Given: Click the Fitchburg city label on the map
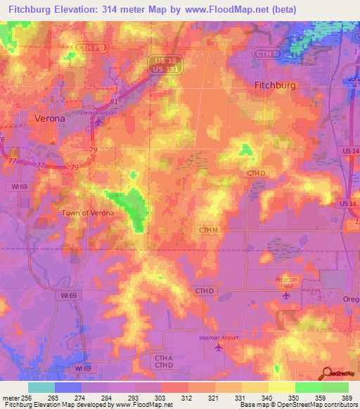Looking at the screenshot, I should click(274, 84).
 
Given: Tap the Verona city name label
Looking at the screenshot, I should click(50, 119).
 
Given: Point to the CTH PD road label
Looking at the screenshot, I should click(84, 47).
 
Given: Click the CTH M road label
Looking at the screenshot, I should click(209, 230).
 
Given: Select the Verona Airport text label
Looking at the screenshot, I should click(97, 113).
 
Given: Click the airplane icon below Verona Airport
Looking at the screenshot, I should click(98, 122).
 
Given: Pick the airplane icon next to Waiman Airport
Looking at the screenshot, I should click(219, 346).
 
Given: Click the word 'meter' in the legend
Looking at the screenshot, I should click(9, 397).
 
